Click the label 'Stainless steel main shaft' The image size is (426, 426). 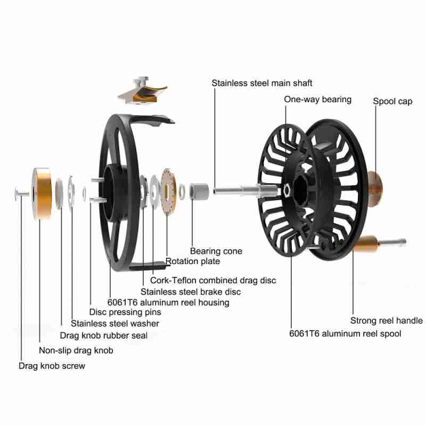pos(261,83)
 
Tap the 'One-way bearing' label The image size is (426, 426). pos(317,99)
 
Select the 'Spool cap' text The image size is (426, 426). pos(392,101)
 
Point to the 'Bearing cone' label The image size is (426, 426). pos(216,251)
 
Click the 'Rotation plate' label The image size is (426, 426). pos(193,261)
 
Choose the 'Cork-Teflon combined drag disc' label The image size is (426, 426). pos(213,280)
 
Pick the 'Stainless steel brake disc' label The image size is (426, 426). pos(191,291)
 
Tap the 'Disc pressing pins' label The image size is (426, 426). pos(125,312)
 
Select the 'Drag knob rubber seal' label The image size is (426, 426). pos(103,335)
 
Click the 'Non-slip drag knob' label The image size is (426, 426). pos(76,350)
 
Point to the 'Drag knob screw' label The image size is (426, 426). pos(52,366)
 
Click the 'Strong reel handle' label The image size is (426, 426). pos(386,321)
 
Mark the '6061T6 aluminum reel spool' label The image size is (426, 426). pos(346,333)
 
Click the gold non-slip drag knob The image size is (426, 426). pos(42,193)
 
